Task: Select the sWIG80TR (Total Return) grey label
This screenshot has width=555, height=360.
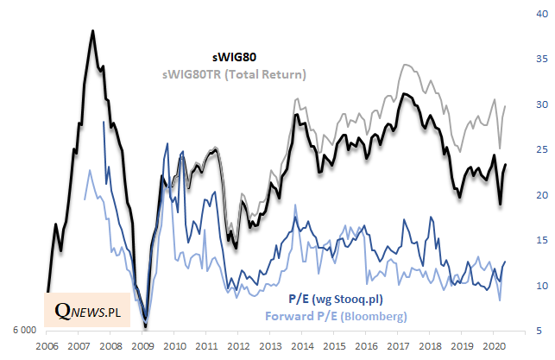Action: point(234,75)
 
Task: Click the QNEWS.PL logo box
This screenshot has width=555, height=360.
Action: point(86,309)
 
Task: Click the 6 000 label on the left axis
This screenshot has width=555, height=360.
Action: point(22,332)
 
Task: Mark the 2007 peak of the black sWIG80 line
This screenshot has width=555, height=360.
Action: point(92,31)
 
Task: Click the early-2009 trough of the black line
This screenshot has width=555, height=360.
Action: point(146,326)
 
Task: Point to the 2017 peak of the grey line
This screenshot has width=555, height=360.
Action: point(404,65)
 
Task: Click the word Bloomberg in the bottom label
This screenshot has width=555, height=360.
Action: point(377,316)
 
